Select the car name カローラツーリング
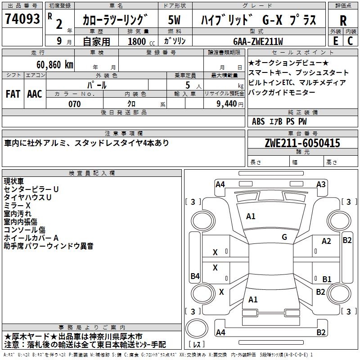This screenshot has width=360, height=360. tap(115, 20)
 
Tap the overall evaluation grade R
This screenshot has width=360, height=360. tap(343, 21)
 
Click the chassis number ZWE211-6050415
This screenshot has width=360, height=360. tap(302, 143)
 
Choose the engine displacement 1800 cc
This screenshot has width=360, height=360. tap(139, 41)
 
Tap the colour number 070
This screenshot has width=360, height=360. tap(75, 104)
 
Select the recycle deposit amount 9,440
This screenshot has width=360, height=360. tap(227, 104)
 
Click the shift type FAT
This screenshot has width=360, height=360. tap(13, 94)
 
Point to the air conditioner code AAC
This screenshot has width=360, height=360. tap(35, 94)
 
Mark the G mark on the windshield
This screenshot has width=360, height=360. tap(284, 237)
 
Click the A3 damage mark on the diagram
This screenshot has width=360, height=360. tap(321, 184)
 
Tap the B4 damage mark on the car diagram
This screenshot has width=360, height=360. tap(195, 276)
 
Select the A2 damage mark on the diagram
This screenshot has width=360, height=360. tap(326, 241)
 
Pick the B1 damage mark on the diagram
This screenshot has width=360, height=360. tap(327, 279)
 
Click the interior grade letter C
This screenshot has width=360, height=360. tap(350, 41)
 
